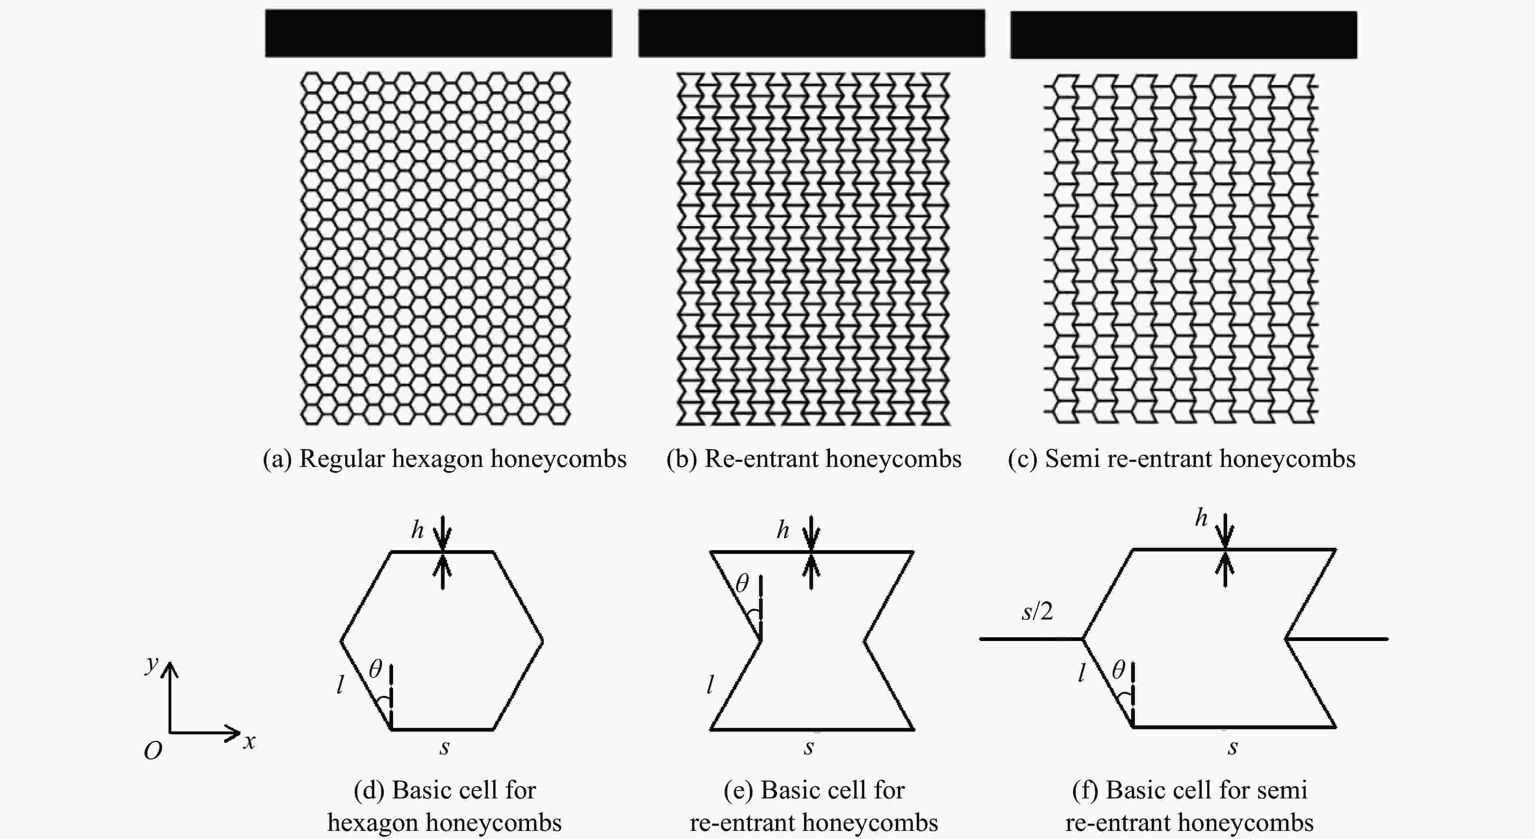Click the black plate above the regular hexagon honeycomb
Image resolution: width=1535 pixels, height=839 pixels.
[x=438, y=33]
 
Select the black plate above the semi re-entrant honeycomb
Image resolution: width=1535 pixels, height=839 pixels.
[x=1183, y=34]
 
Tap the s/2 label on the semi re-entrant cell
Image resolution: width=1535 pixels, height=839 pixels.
[x=1037, y=611]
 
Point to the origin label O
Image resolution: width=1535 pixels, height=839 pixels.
[x=153, y=751]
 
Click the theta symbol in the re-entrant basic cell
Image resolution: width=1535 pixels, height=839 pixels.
[x=742, y=583]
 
